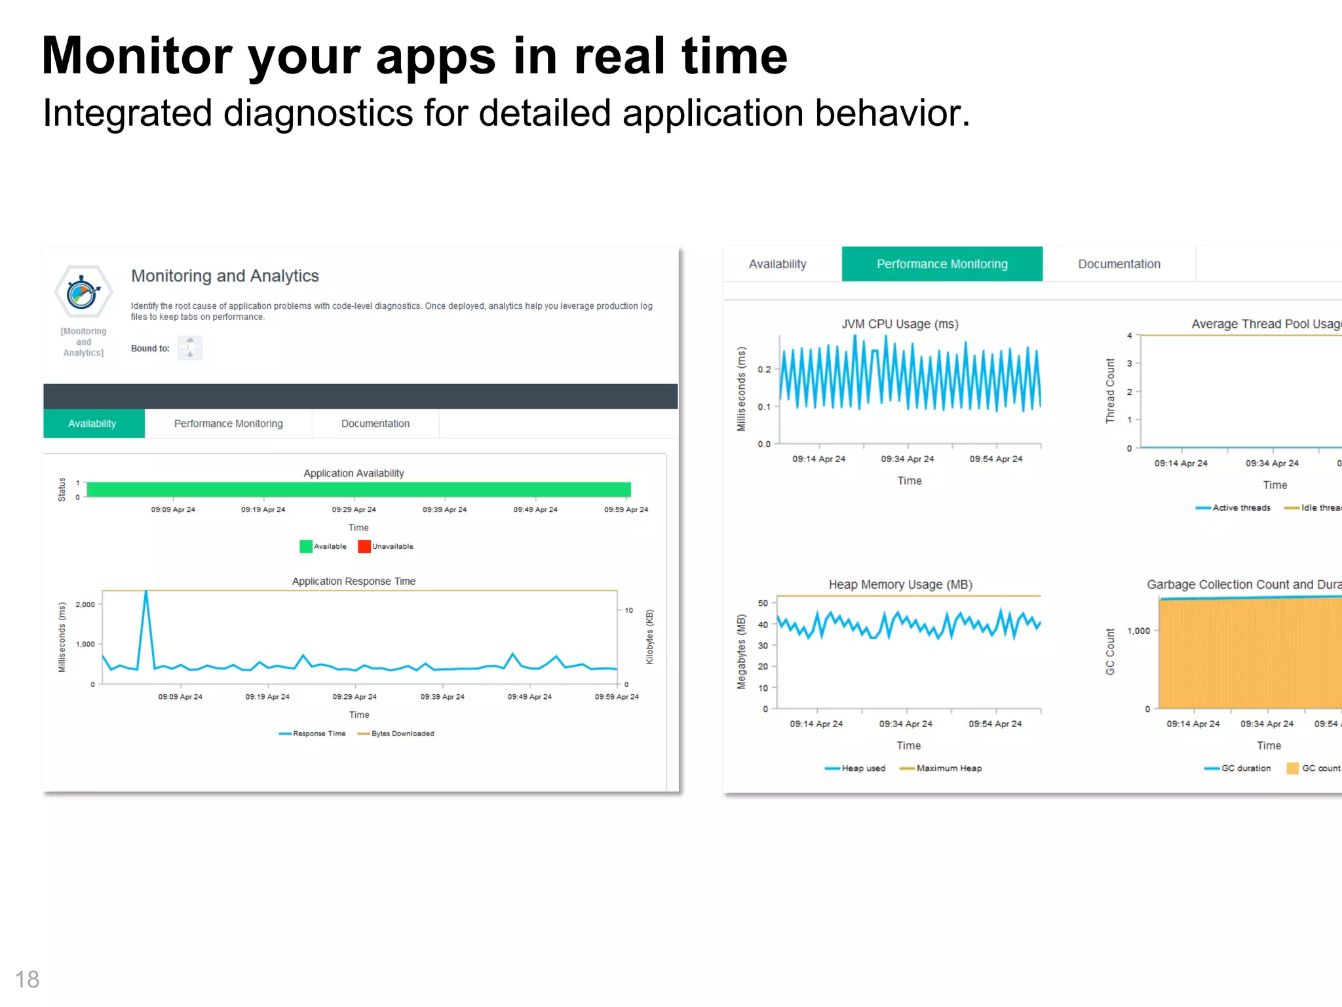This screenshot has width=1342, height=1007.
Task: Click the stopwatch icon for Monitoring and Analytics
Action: click(x=83, y=292)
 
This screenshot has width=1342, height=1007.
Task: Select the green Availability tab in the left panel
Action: click(x=93, y=424)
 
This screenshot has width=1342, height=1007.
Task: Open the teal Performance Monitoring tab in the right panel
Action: click(x=942, y=264)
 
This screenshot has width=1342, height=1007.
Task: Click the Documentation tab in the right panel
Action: click(x=1119, y=264)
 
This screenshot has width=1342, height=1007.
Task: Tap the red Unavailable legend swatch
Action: click(x=364, y=546)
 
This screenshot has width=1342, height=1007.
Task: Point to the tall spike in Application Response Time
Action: click(x=146, y=594)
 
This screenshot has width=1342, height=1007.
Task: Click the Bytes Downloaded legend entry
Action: click(x=402, y=734)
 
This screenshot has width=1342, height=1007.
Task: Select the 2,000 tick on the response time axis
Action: click(x=85, y=604)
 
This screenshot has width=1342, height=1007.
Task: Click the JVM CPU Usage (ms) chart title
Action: click(x=900, y=324)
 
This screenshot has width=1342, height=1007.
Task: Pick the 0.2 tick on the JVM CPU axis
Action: click(x=764, y=370)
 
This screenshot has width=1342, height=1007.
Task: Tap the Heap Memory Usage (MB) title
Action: click(x=900, y=584)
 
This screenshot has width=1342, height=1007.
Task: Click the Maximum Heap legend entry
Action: click(x=948, y=768)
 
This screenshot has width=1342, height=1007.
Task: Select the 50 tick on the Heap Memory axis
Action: click(x=763, y=603)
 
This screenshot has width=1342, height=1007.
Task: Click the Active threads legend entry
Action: click(x=1240, y=507)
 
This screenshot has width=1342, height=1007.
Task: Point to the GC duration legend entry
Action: click(x=1245, y=768)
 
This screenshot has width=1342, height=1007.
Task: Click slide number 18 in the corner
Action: click(x=27, y=979)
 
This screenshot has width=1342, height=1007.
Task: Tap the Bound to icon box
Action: click(x=190, y=348)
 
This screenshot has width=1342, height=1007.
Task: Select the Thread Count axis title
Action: click(x=1110, y=391)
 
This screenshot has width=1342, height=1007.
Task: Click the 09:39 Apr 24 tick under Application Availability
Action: click(x=444, y=509)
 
